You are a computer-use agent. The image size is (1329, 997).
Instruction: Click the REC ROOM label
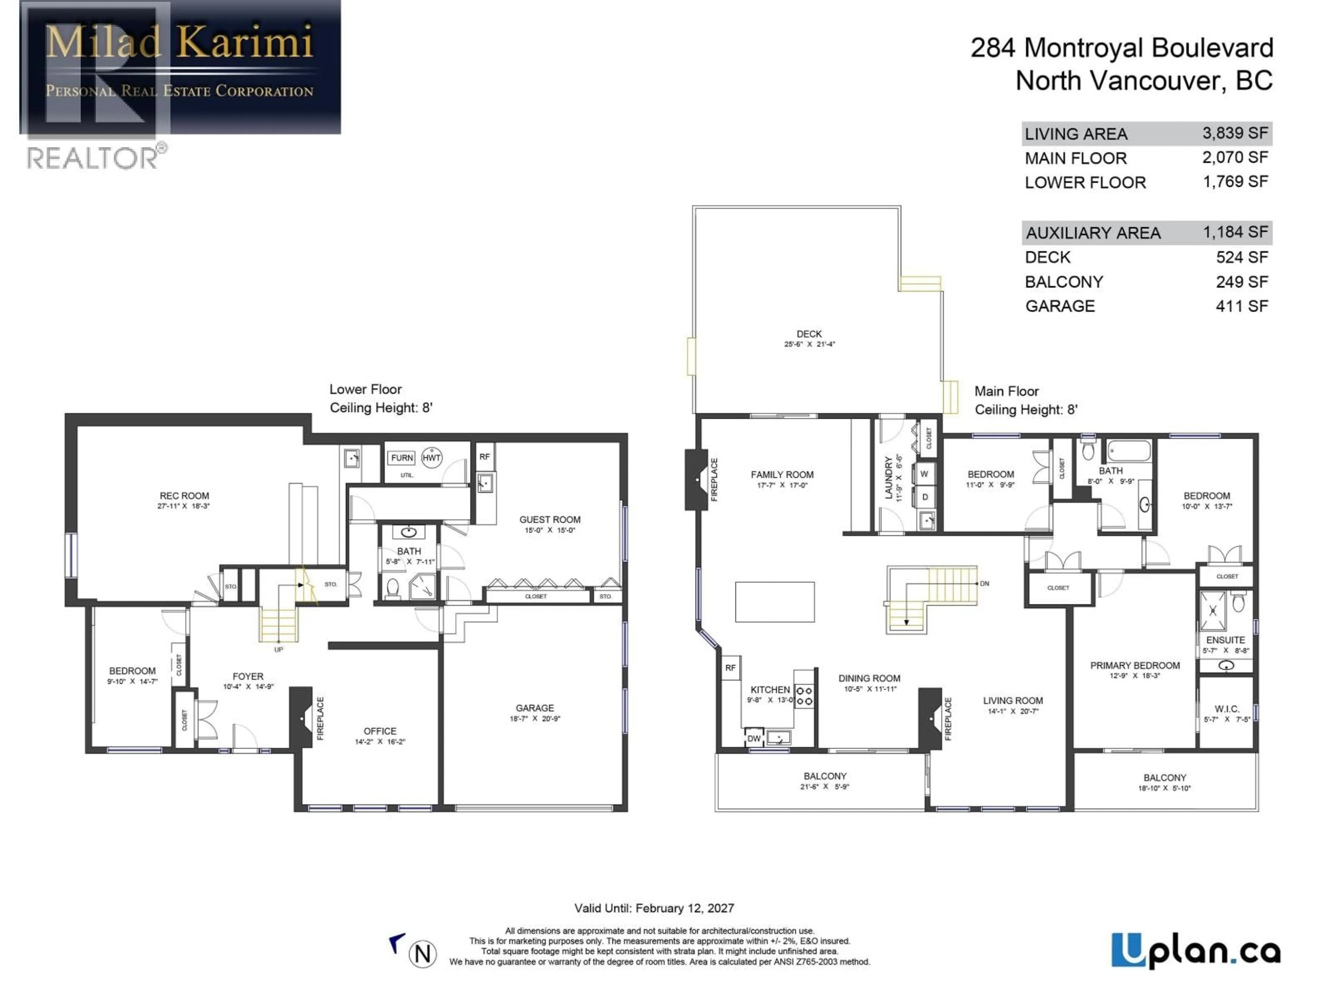pos(184,496)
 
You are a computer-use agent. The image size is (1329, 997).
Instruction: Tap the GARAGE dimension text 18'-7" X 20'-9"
pos(535,719)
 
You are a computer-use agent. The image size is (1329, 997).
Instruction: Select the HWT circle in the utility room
pos(431,457)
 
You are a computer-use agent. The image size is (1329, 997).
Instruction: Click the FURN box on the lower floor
pos(402,458)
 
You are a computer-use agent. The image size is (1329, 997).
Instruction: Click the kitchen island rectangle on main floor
pos(775,602)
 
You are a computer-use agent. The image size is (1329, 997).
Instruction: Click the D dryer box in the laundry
pos(925,497)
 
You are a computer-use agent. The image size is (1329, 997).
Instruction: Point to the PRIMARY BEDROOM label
pos(1135,665)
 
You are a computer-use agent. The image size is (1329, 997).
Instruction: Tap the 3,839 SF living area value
pos(1235,133)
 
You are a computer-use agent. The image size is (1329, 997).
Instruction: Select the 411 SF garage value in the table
pos(1241,306)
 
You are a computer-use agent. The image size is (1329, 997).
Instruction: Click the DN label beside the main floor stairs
pos(984,584)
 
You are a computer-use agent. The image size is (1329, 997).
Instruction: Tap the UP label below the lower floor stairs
pos(279,650)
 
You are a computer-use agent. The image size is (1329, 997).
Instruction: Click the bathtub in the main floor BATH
pos(1129,451)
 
